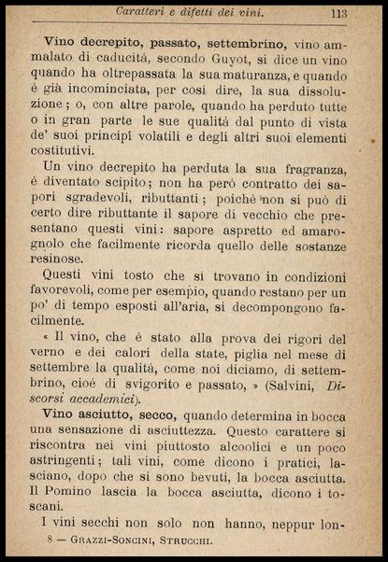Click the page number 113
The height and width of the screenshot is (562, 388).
point(338,14)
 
